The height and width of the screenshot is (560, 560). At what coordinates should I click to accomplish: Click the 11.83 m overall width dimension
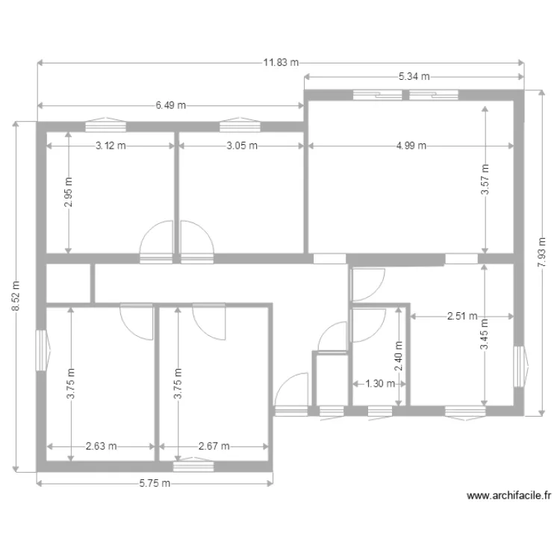(x=280, y=63)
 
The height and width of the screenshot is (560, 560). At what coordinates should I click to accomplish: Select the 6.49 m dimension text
(x=171, y=106)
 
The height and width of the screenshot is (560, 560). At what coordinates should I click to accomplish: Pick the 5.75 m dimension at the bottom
(x=155, y=483)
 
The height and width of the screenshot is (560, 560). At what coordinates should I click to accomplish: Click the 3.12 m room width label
(x=111, y=146)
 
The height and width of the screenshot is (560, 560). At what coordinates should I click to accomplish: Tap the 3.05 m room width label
(x=242, y=146)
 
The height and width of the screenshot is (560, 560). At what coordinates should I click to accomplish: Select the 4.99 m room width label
(x=411, y=146)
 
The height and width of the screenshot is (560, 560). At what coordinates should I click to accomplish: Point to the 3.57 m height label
(x=485, y=179)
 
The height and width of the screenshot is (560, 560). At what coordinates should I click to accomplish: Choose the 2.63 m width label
(x=101, y=447)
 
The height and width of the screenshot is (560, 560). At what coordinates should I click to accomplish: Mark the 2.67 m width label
(x=214, y=447)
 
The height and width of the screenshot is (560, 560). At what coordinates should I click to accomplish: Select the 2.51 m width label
(x=462, y=316)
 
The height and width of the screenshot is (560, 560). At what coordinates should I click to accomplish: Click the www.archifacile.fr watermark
(x=508, y=495)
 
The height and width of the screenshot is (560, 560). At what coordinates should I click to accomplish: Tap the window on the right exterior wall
(x=520, y=367)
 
